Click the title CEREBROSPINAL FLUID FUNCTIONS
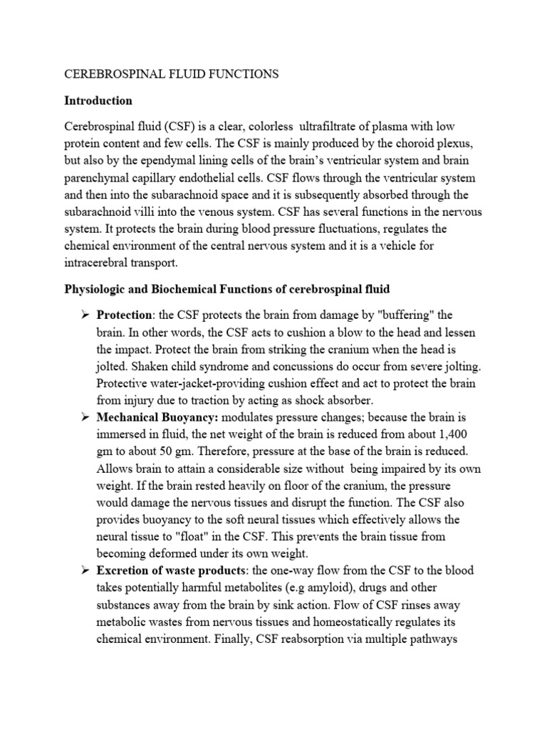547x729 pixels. [172, 74]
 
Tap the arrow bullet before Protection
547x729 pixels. [83, 315]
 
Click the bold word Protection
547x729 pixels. [123, 315]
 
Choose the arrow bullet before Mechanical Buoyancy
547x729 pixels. [83, 416]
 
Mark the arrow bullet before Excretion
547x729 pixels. [83, 570]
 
